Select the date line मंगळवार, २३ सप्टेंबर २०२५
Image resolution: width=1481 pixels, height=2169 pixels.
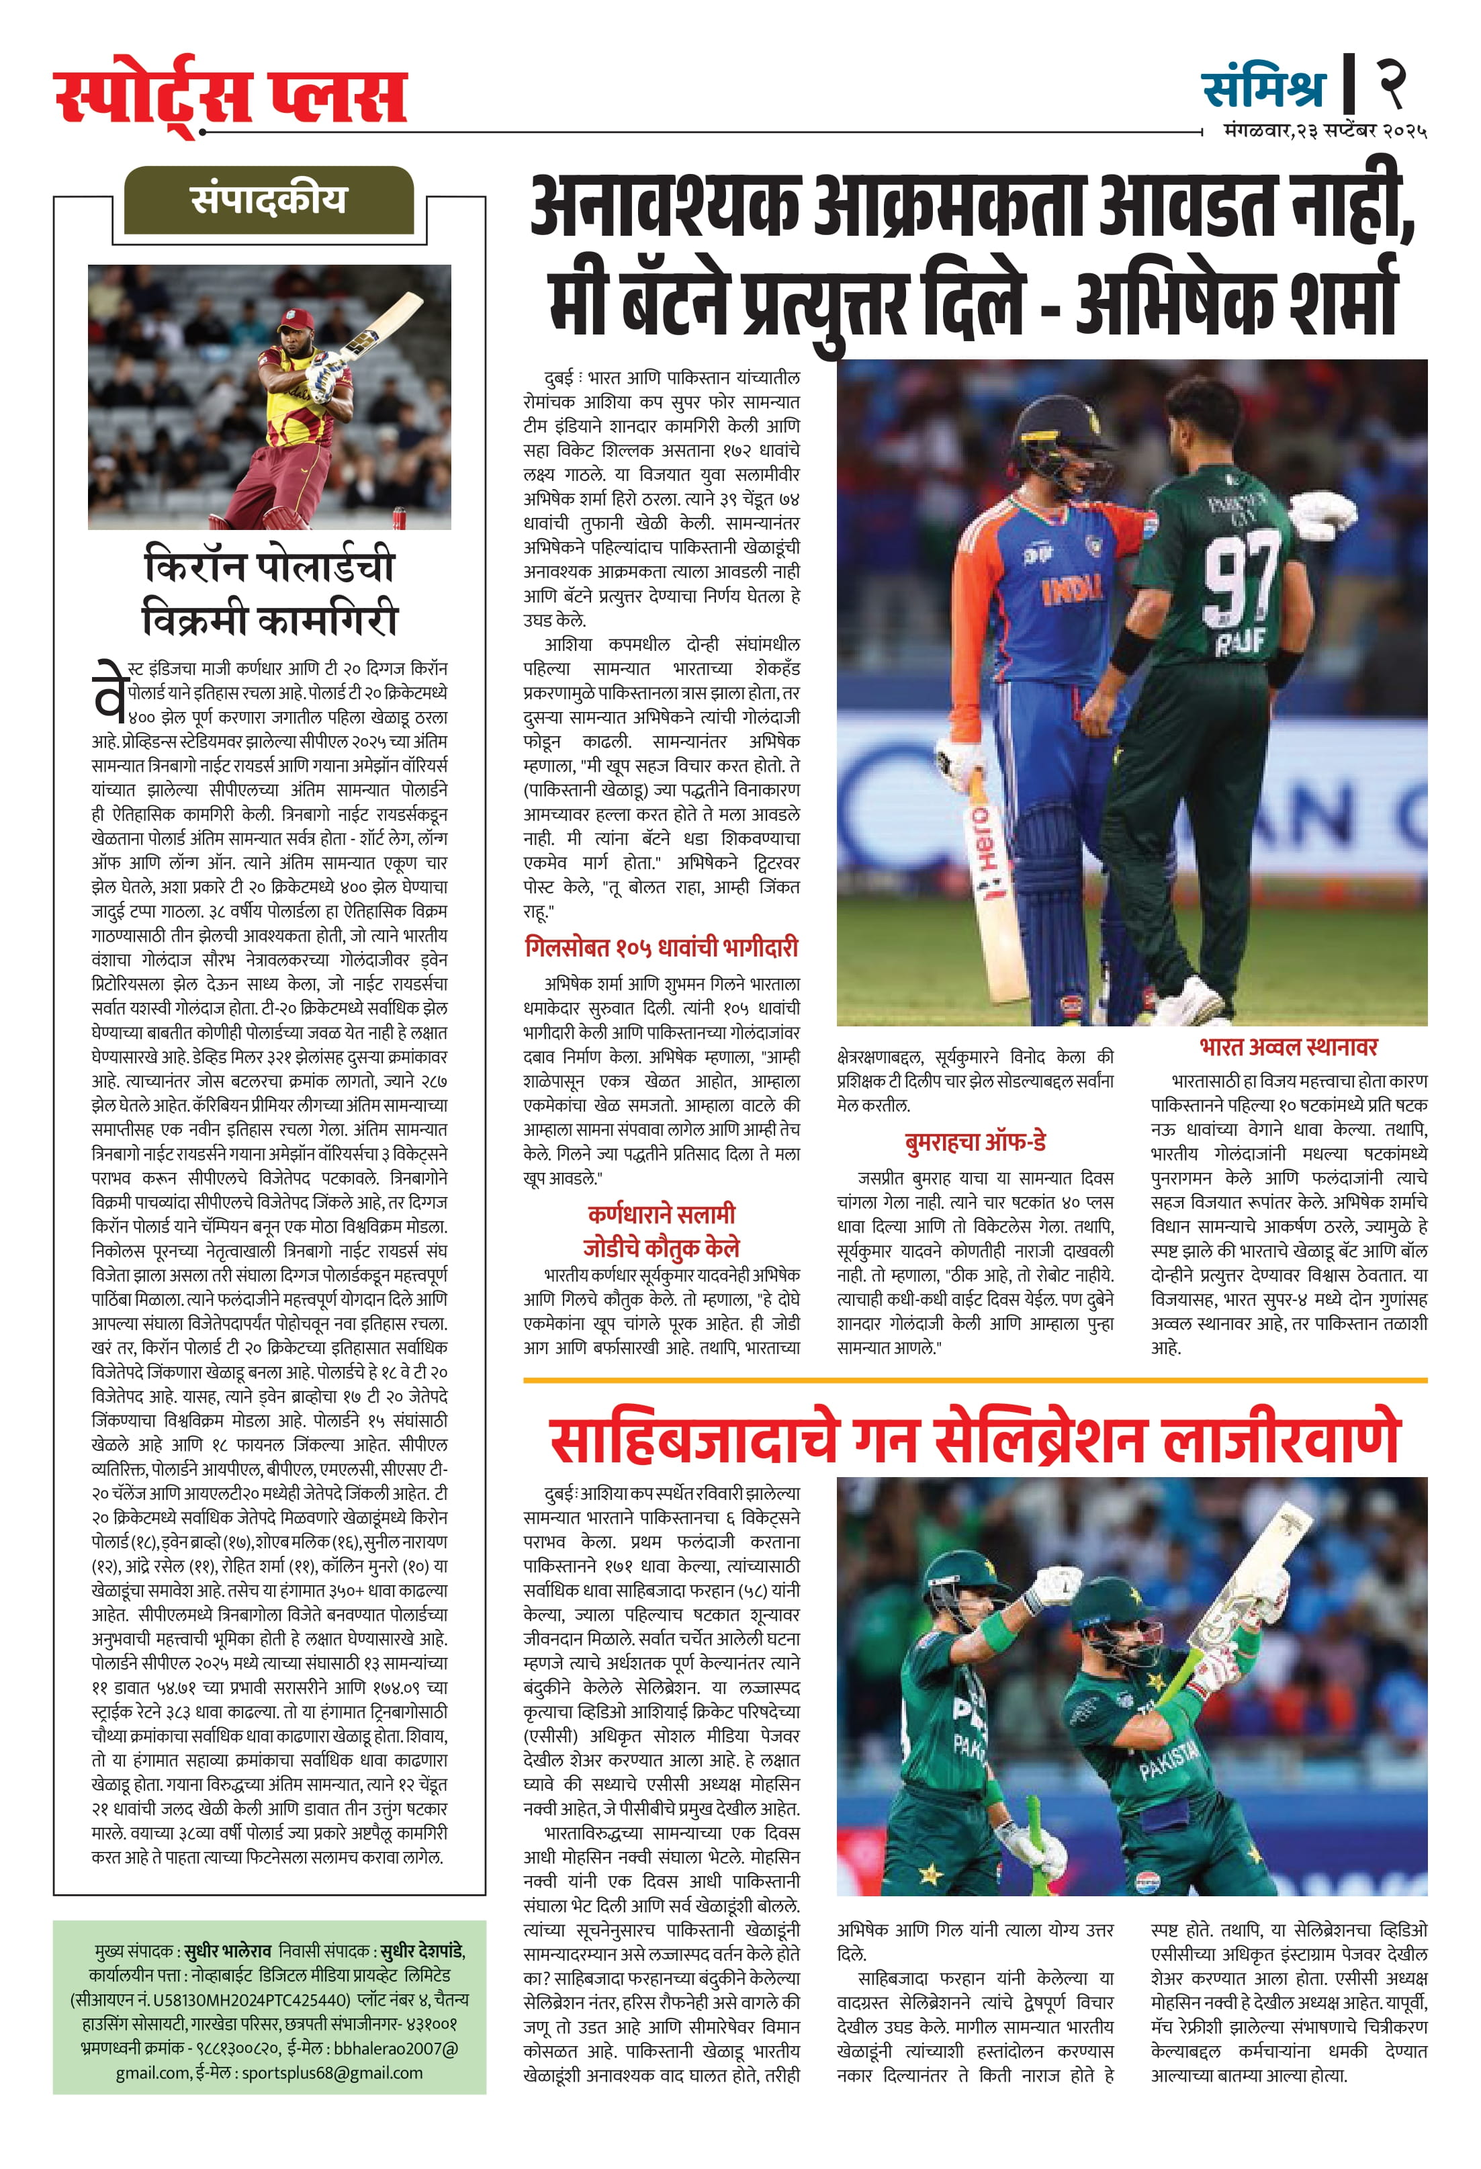[x=1325, y=132]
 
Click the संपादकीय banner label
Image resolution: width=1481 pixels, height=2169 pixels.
[x=269, y=200]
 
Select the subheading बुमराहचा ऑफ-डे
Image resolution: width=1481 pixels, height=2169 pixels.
[x=975, y=1141]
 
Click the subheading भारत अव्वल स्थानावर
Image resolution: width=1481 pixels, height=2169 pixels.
[x=1288, y=1047]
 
